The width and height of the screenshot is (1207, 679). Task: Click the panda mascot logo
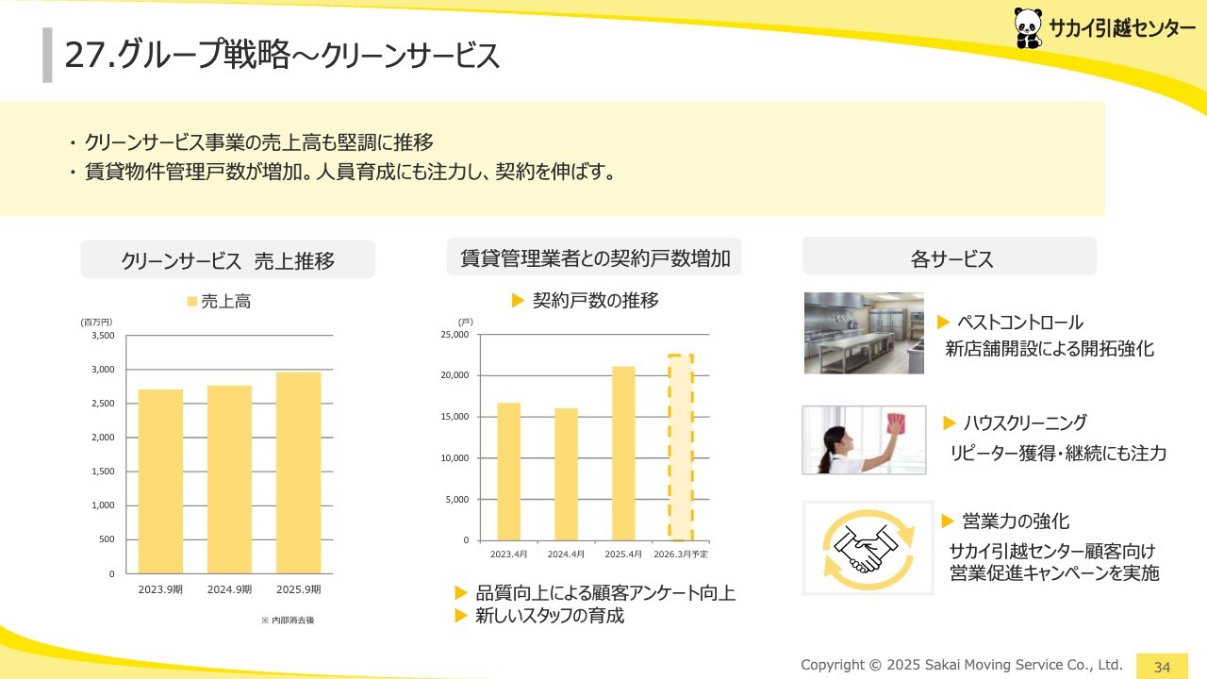coord(1028,28)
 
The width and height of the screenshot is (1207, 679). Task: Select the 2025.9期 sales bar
coord(299,472)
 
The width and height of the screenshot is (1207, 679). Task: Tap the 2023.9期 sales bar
coord(160,481)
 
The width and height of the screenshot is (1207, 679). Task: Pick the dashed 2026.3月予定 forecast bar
coord(681,447)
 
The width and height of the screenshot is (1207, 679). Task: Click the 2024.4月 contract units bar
coord(566,474)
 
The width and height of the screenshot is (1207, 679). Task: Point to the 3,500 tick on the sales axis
coord(103,335)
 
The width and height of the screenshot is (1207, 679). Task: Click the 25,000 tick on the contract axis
coord(455,334)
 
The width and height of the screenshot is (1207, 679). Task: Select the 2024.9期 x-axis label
coord(229,589)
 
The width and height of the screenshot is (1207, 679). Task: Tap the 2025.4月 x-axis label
coord(623,554)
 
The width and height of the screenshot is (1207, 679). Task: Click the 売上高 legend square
coord(191,301)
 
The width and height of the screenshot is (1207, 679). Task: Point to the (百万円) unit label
coord(96,322)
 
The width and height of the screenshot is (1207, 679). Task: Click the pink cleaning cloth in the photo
coord(896,423)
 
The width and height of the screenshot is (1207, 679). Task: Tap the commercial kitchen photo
coord(864,333)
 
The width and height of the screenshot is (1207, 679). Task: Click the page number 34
coord(1162,667)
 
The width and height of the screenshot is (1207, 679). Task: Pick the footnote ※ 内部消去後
coord(288,621)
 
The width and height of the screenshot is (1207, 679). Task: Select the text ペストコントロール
coord(1020,323)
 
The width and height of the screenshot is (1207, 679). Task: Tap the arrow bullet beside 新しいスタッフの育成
coord(461,616)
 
